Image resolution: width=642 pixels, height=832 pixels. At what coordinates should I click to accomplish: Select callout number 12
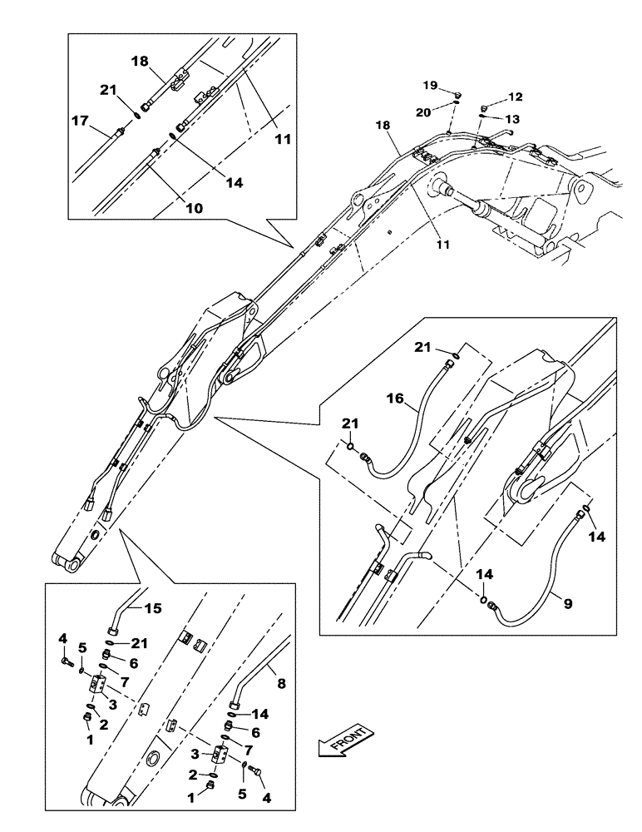coord(516,98)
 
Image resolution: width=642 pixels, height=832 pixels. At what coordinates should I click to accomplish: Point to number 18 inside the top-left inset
coord(139,62)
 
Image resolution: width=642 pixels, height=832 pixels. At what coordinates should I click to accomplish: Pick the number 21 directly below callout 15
coord(139,642)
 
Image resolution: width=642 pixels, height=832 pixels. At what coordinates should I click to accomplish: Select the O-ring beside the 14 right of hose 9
coord(587,509)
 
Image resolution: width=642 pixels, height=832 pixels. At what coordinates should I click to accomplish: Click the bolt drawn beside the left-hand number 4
coord(67,662)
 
